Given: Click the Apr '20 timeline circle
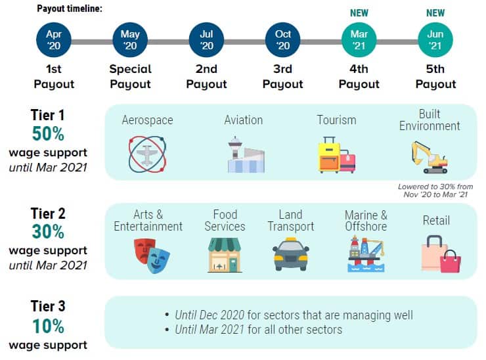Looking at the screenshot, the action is pyautogui.click(x=54, y=39).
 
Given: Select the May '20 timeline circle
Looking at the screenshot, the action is pyautogui.click(x=130, y=39).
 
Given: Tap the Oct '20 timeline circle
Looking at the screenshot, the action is pyautogui.click(x=282, y=39).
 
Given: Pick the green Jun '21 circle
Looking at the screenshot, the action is pyautogui.click(x=435, y=39).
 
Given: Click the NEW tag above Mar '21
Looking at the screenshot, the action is pyautogui.click(x=359, y=13).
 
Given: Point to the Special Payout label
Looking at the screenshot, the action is pyautogui.click(x=130, y=76).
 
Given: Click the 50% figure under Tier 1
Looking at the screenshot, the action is pyautogui.click(x=48, y=133).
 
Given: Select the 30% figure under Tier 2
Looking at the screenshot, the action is pyautogui.click(x=48, y=232).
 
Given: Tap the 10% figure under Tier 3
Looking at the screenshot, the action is pyautogui.click(x=48, y=326).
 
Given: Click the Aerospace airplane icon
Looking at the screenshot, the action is pyautogui.click(x=147, y=154).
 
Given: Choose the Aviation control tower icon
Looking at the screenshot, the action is pyautogui.click(x=246, y=154).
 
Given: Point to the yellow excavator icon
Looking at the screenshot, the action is pyautogui.click(x=430, y=157).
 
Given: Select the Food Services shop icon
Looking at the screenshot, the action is pyautogui.click(x=225, y=255).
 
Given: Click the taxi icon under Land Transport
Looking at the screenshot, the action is pyautogui.click(x=290, y=254).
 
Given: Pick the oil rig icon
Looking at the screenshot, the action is pyautogui.click(x=366, y=254).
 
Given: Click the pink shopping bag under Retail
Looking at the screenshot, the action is pyautogui.click(x=452, y=261).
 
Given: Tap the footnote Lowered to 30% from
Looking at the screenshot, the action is pyautogui.click(x=435, y=187).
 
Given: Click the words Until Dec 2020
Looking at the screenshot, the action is pyautogui.click(x=210, y=315).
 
